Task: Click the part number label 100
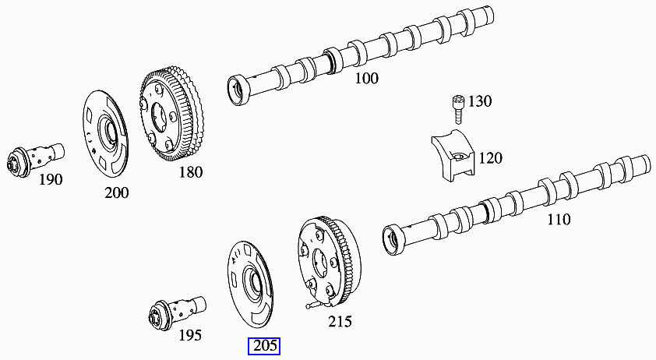366,78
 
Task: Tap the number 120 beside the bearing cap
491,158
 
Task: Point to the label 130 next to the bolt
481,101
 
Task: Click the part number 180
190,171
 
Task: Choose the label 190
51,180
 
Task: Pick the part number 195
189,335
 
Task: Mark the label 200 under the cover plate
116,192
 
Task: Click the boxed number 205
265,346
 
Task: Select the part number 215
340,321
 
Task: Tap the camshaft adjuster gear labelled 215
326,260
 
